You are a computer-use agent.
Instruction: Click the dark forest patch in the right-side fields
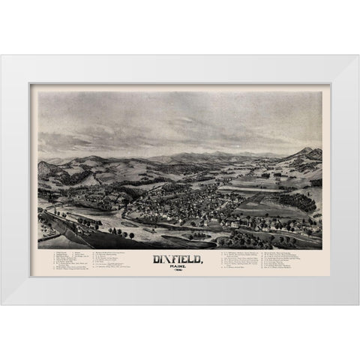click(x=301, y=201)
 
